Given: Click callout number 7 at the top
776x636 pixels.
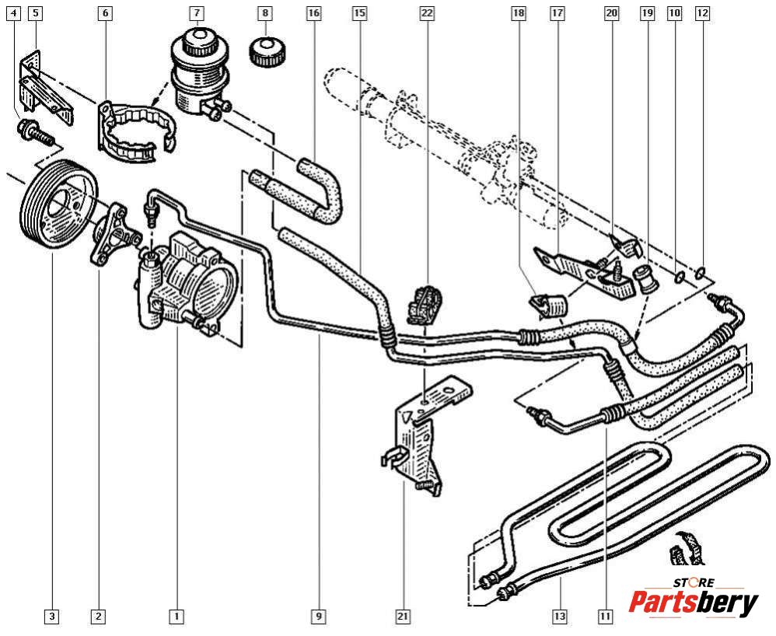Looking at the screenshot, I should [197, 13].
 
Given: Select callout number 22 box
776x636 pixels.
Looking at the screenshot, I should [427, 13].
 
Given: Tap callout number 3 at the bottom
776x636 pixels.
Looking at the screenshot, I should [51, 617].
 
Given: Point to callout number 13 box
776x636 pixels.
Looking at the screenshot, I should [560, 617].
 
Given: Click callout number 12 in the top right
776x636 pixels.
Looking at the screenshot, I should [702, 13].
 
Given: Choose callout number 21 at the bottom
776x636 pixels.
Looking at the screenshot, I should [403, 617].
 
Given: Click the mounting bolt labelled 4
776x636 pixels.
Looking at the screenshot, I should [33, 134].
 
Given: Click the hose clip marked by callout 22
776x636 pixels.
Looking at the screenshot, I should [424, 303].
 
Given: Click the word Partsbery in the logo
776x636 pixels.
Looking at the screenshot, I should [693, 603].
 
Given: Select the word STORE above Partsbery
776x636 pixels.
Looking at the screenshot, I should [693, 582].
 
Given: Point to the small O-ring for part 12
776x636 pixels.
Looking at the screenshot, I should [702, 273].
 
